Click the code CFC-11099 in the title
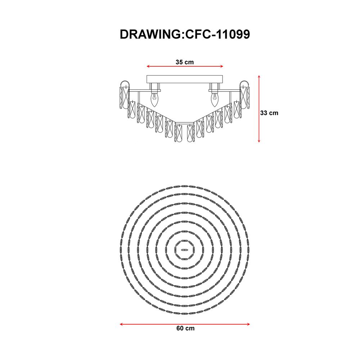(x=217, y=35)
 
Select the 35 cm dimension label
(x=185, y=62)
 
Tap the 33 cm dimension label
(x=269, y=113)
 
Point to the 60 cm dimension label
(x=185, y=328)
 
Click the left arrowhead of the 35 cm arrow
(x=148, y=66)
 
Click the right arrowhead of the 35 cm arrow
(x=221, y=66)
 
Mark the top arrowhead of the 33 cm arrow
(x=259, y=77)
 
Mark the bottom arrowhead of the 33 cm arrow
(x=259, y=140)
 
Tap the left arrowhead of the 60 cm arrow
(x=122, y=324)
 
